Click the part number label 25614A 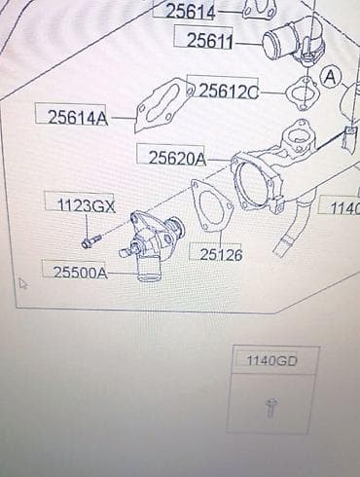click(78, 118)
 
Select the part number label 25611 click(210, 41)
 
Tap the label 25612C click(229, 92)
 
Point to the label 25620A click(177, 159)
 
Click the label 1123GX click(87, 205)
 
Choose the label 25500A click(81, 273)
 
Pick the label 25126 click(221, 255)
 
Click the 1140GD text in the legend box click(271, 361)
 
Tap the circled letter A click(331, 78)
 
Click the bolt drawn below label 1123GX click(91, 241)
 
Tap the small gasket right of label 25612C click(303, 92)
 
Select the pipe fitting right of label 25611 click(295, 40)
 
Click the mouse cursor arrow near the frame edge click(22, 283)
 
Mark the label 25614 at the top click(191, 12)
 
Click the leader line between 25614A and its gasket click(123, 118)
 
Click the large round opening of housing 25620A click(252, 184)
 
